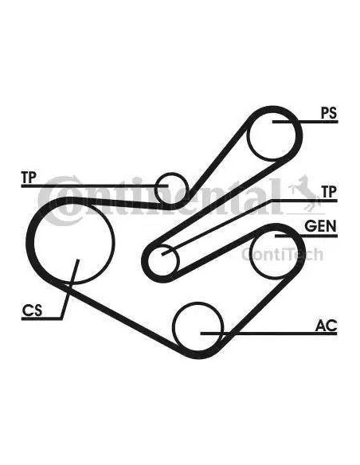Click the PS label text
click(x=329, y=113)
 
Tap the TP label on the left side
click(x=29, y=177)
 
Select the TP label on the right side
click(x=329, y=192)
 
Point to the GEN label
click(x=320, y=226)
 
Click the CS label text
click(x=33, y=311)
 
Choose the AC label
click(x=326, y=326)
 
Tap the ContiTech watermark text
click(x=282, y=255)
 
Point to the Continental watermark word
click(x=160, y=197)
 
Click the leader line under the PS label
click(x=305, y=122)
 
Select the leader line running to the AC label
click(x=268, y=334)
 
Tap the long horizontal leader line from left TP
click(x=95, y=186)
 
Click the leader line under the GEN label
click(x=306, y=236)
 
